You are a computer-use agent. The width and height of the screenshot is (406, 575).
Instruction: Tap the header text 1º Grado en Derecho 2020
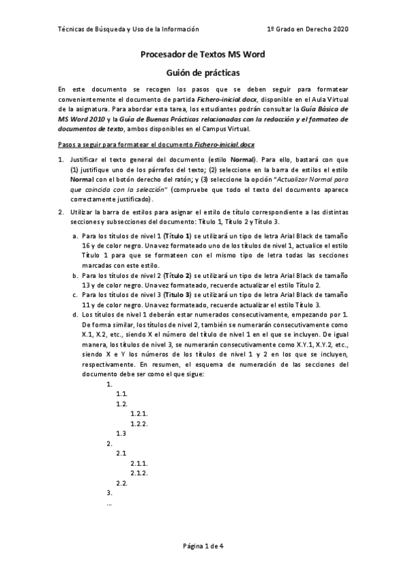(x=308, y=29)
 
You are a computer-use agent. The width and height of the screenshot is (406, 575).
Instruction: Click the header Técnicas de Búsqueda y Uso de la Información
(x=129, y=29)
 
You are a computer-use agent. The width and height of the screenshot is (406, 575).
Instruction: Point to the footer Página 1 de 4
(x=203, y=546)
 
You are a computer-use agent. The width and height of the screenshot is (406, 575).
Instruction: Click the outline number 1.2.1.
(x=139, y=413)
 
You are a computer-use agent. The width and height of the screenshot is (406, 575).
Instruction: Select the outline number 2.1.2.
(x=139, y=472)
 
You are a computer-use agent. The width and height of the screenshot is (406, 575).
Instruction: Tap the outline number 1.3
(x=122, y=433)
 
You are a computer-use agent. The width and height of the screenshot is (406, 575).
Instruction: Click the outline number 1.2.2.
(x=139, y=423)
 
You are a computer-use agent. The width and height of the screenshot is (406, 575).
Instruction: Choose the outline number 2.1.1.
(x=139, y=462)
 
